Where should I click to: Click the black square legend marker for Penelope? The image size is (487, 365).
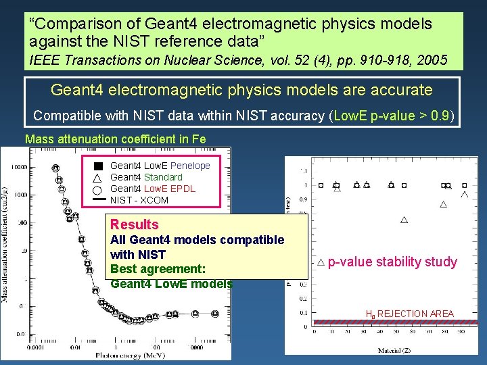pos(97,166)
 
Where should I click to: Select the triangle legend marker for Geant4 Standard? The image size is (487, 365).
pos(97,177)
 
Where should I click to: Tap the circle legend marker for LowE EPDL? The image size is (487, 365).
pos(97,189)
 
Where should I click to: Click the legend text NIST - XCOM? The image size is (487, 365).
pos(139,200)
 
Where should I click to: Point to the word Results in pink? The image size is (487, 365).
pos(134,224)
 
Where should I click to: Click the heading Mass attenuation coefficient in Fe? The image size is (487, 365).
pos(116,139)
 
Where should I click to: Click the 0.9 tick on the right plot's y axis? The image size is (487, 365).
pos(303,199)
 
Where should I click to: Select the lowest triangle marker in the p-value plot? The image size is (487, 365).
pos(404,220)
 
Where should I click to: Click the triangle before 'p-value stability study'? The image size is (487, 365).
pos(321,262)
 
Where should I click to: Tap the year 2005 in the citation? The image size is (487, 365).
pos(433,60)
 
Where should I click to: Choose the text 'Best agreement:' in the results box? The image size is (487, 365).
pos(158,269)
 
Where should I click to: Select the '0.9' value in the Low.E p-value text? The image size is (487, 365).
pos(441,116)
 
